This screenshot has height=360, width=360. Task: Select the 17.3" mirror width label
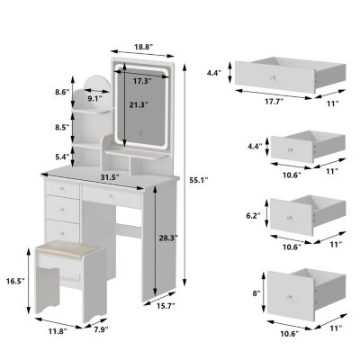pos(139,81)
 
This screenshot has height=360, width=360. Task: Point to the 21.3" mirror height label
pos(138,104)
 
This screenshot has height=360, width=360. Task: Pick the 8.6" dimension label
pos(62,92)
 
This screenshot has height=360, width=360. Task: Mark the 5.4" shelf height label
pos(62,157)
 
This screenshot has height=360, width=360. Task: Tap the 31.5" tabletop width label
pos(111,176)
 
